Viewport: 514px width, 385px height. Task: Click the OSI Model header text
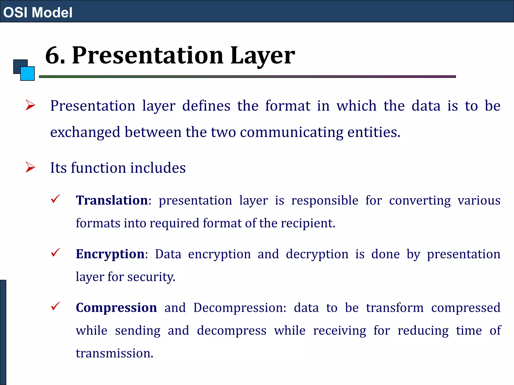[x=38, y=13]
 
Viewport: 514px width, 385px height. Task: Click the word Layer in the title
[x=262, y=56]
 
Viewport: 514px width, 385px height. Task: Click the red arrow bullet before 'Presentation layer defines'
[x=30, y=105]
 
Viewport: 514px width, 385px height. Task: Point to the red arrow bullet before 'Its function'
[x=30, y=167]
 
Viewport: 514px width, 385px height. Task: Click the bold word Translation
[x=112, y=201]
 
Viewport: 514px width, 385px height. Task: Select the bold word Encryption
[x=110, y=254]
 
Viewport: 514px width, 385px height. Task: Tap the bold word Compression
[x=116, y=308]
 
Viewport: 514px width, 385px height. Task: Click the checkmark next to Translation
[x=55, y=199]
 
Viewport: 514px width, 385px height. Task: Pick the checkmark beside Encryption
[x=55, y=252]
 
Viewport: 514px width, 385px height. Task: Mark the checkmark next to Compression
[x=55, y=306]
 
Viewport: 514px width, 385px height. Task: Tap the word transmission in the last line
[x=114, y=353]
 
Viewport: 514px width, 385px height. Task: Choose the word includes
[x=158, y=168]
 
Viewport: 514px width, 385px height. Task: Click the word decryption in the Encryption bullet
[x=317, y=254]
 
